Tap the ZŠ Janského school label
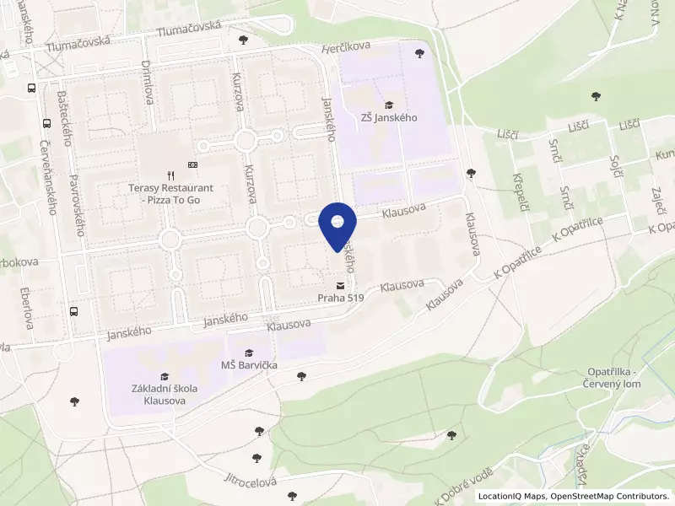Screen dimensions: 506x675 (x=389, y=118)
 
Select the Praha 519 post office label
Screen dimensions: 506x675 (x=340, y=298)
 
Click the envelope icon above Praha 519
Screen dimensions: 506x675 (x=340, y=284)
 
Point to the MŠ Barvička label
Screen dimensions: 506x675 (x=249, y=365)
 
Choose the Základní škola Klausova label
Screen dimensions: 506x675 (x=165, y=394)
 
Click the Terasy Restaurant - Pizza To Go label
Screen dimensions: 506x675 (x=171, y=193)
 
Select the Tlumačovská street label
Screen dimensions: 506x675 (x=189, y=28)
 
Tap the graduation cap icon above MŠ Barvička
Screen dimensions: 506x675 (x=249, y=353)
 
